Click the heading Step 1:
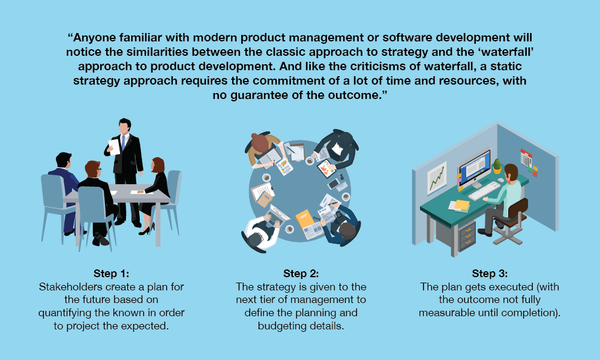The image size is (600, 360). coord(112,274)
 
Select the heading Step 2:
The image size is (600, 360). coord(301,274)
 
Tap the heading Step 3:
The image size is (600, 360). coord(490,274)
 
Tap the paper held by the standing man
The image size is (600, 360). coord(114,146)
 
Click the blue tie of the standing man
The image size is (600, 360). coord(123,142)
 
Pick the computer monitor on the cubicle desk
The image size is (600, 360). coord(475,169)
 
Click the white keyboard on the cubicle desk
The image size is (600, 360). coord(484,191)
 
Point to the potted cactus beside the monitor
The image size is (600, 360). coord(497,166)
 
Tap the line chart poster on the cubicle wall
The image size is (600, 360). coord(437,178)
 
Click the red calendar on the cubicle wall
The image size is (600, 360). coord(527,159)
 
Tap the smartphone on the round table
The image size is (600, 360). coord(333,184)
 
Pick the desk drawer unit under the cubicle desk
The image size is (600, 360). coord(466,236)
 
